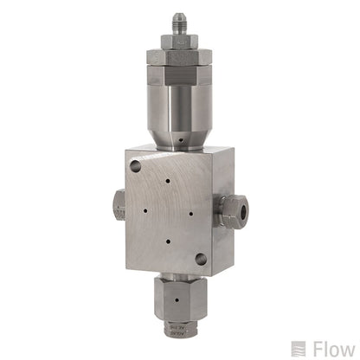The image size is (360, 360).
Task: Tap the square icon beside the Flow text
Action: tap(299, 348)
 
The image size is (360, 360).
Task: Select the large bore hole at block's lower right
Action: tap(201, 257)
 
